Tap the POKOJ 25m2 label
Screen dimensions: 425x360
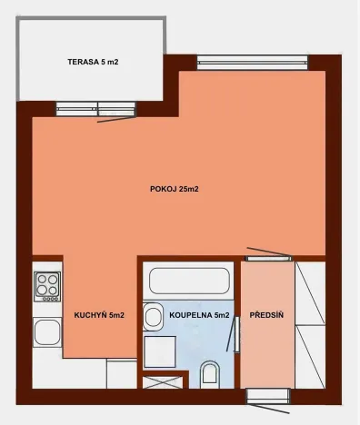(174, 189)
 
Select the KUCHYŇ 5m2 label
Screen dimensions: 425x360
(99, 315)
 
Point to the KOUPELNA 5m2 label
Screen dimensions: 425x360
(199, 315)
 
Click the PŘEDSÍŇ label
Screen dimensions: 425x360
(267, 315)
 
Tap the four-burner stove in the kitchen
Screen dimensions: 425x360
(47, 286)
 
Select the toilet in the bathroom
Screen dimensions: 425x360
(210, 372)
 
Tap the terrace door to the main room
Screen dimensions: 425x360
(95, 110)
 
